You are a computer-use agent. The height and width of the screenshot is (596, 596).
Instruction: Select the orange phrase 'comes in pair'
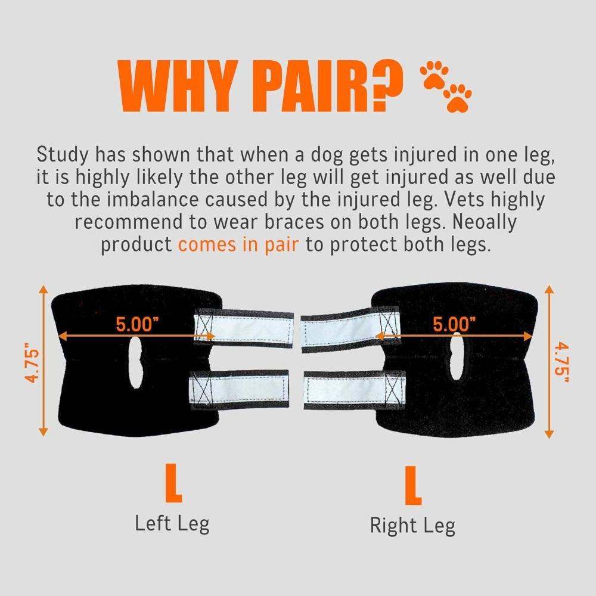coord(238,245)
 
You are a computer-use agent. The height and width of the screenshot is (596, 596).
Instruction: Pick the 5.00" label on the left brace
coord(137,325)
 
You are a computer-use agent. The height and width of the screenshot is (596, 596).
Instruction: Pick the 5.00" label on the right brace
coord(455,325)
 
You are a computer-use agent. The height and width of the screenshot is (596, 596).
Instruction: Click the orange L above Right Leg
coord(412,486)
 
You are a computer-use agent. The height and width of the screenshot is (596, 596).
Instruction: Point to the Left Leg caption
coord(172,524)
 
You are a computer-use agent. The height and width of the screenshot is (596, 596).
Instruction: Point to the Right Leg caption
coord(412,526)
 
